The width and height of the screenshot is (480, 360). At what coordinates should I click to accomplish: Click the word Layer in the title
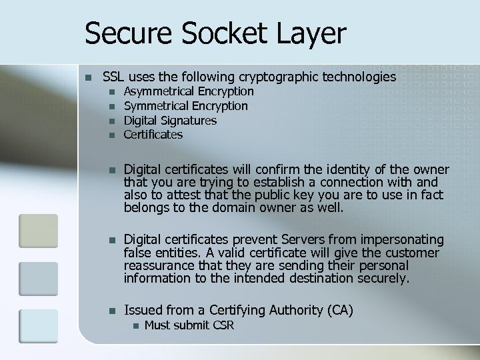pos(313,33)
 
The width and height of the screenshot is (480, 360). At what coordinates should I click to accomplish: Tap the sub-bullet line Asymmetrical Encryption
pos(189,91)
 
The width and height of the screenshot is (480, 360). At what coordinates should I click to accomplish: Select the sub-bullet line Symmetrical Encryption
pos(186,106)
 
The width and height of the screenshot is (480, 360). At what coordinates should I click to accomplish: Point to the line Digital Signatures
pos(171,121)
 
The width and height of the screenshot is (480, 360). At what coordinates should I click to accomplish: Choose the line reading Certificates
pos(153,135)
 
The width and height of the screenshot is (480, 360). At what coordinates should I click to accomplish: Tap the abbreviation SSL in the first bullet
pos(114,77)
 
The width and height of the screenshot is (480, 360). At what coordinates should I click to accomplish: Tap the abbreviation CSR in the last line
pos(222,325)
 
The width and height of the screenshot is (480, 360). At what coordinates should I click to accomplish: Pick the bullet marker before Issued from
pos(112,310)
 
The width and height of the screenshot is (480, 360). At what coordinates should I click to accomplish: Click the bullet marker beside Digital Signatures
pos(112,121)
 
